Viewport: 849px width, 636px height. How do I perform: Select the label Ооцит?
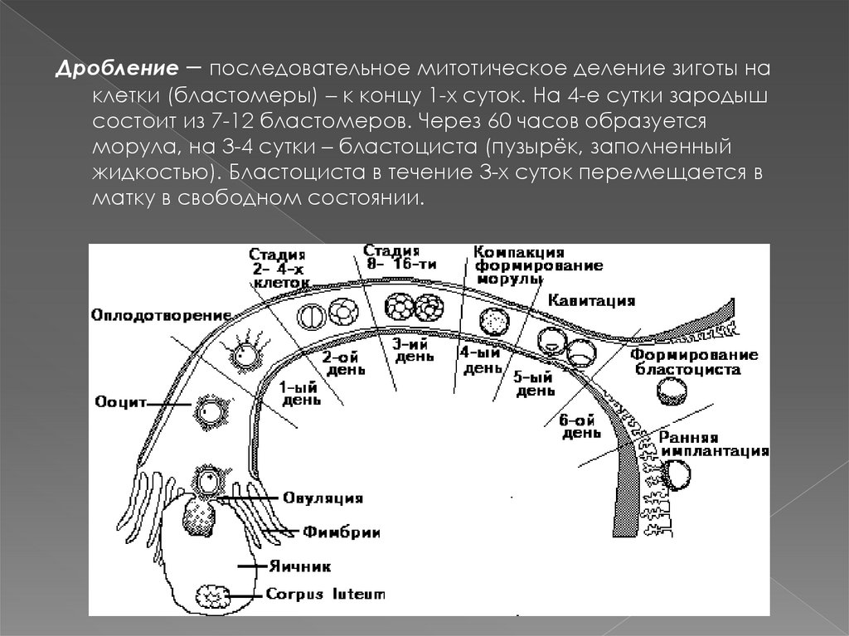point(120,402)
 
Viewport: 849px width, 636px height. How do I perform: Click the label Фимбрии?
point(330,531)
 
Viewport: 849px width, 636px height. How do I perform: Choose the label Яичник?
point(299,567)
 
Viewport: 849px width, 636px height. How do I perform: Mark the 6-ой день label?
point(580,426)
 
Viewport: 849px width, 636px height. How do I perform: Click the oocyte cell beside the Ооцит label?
point(205,409)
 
